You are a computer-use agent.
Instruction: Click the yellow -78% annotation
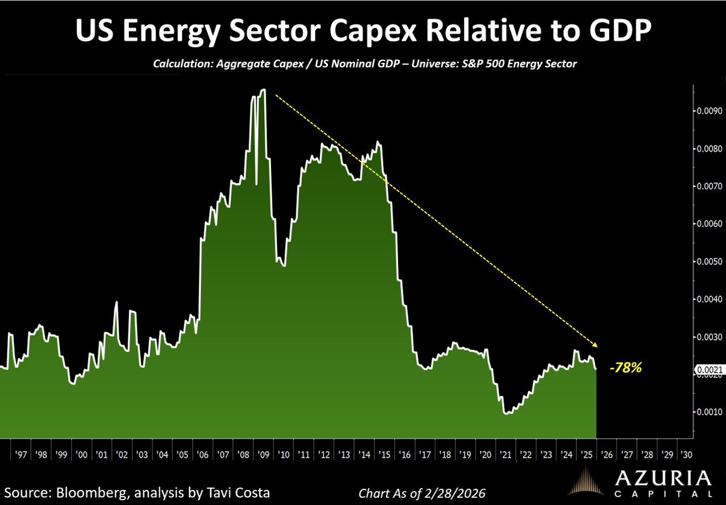(625, 367)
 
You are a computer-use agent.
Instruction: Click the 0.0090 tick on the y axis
(706, 111)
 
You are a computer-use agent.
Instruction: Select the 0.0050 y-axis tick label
(706, 262)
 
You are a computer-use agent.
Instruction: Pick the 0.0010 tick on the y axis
(706, 412)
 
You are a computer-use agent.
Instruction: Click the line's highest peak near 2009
(263, 90)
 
